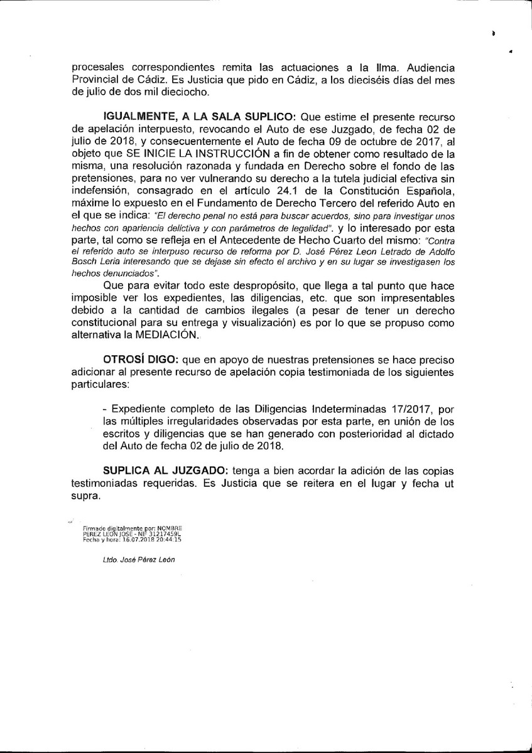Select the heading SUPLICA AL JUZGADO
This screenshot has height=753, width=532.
(160, 471)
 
